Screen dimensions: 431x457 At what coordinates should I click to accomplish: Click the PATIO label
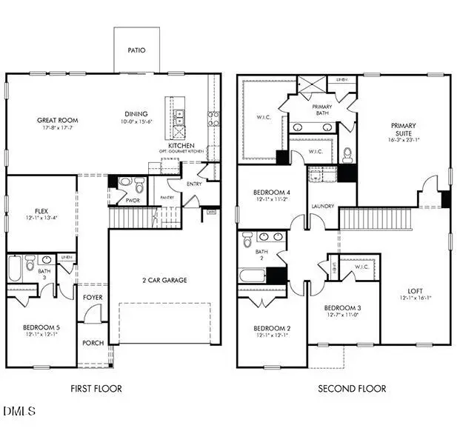pos(136,51)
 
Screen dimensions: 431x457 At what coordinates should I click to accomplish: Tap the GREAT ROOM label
pos(58,120)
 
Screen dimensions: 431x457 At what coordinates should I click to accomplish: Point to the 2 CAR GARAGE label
pos(164,280)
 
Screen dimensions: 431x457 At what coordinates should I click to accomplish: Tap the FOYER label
pos(93,297)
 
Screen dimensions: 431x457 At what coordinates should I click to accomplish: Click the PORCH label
pos(93,342)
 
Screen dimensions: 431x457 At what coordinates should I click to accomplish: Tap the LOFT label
pos(415,291)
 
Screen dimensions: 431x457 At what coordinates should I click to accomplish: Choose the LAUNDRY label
pos(322,207)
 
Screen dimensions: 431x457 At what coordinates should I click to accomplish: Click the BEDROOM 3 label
pos(343,307)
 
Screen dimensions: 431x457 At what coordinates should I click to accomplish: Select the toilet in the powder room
pos(124,182)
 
